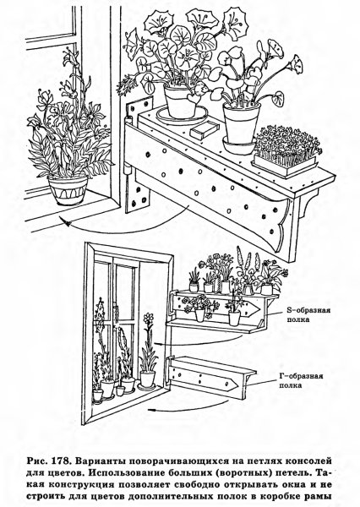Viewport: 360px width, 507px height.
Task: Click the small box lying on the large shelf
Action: pos(203,130)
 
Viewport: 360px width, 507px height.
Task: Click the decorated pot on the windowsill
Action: pos(68,190)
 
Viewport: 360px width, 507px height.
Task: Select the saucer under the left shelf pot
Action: pos(182,115)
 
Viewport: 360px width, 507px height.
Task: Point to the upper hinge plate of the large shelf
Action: pos(139,109)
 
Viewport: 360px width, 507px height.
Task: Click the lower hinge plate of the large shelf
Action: pos(139,197)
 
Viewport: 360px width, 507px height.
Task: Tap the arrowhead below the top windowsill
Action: pos(66,223)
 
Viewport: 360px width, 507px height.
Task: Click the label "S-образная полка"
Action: pos(308,314)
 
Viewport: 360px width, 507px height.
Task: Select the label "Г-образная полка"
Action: pos(301,380)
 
